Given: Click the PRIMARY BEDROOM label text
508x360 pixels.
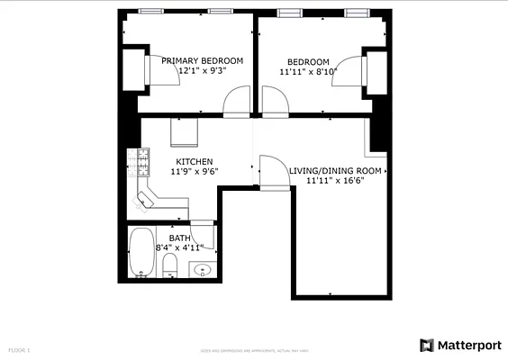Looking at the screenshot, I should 202,60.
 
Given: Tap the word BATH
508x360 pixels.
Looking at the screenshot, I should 179,238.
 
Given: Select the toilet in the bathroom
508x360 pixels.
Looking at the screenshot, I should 169,265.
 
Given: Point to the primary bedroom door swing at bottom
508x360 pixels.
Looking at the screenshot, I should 238,101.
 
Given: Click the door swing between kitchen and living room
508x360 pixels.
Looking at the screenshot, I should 271,172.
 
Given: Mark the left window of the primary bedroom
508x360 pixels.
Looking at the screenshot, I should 151,13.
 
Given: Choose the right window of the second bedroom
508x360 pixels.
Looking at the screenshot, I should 358,13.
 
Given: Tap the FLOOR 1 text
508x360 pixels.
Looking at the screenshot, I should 19,349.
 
